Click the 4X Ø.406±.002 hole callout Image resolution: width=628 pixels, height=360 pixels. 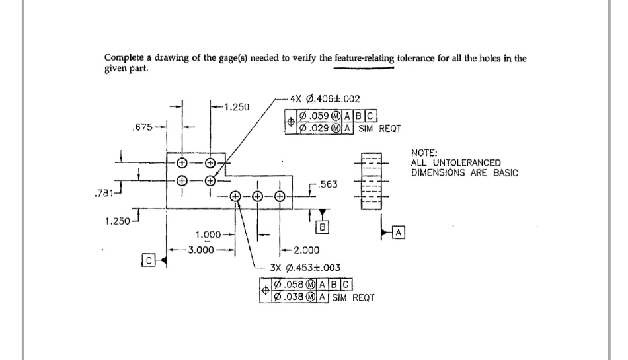[x=325, y=99]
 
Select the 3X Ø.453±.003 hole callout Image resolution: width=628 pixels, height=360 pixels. [x=305, y=269]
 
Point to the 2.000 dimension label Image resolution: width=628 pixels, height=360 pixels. [x=305, y=250]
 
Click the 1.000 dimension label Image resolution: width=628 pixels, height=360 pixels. [x=209, y=234]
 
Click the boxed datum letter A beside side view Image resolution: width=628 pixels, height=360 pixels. [x=399, y=232]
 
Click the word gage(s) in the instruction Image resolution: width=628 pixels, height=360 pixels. [x=228, y=58]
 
